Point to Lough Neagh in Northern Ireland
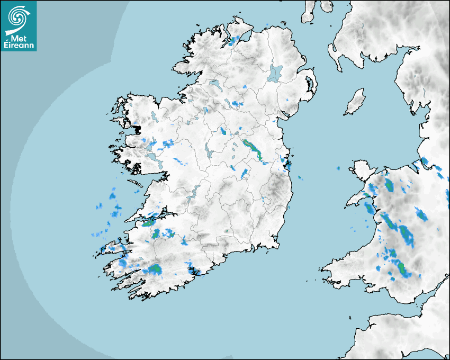(275, 73)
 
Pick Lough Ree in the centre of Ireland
(208, 150)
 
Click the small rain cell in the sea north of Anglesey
(338, 168)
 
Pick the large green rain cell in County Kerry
(155, 270)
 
